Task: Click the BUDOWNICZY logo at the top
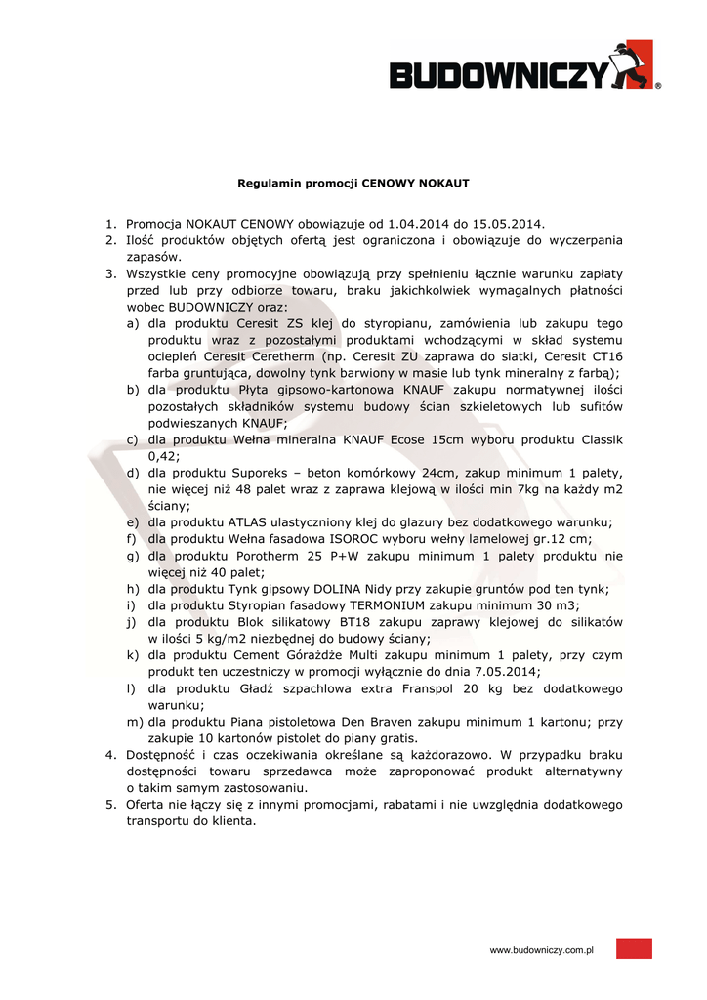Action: pyautogui.click(x=524, y=68)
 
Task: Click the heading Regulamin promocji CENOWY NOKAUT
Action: pyautogui.click(x=353, y=183)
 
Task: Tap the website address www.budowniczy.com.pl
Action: pyautogui.click(x=542, y=950)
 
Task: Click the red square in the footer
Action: pyautogui.click(x=634, y=949)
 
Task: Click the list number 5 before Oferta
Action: pyautogui.click(x=110, y=804)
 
